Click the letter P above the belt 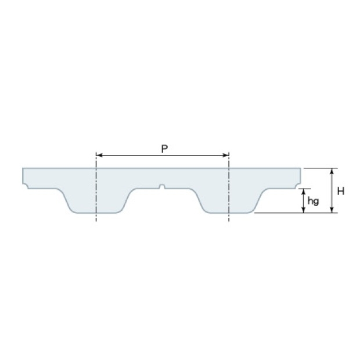(164, 149)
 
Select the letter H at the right (341, 191)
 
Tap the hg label (313, 201)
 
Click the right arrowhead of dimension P (226, 156)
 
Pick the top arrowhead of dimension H (332, 171)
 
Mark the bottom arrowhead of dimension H (332, 210)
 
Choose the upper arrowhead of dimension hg (304, 192)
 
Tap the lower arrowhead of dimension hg (304, 210)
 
